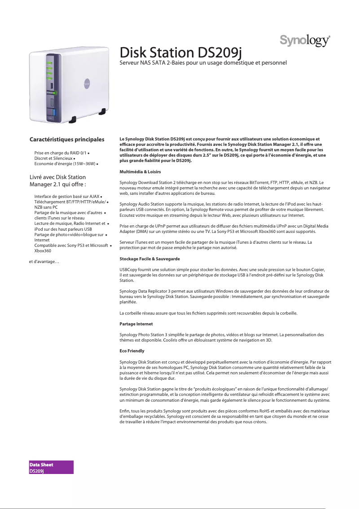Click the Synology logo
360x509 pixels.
click(306, 41)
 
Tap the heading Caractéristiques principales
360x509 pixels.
click(67, 140)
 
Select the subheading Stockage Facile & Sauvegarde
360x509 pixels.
click(149, 259)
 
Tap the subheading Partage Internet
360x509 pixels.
click(136, 324)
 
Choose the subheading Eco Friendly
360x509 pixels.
click(132, 351)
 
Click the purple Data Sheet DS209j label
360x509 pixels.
click(51, 467)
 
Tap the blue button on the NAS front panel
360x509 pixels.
click(54, 112)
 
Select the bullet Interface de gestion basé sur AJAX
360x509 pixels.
click(67, 197)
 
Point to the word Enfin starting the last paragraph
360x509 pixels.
click(124, 411)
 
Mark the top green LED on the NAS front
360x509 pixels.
click(49, 62)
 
